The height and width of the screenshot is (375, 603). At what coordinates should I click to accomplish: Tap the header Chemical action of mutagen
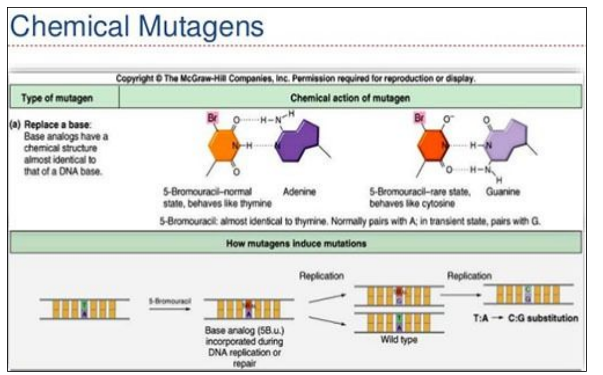pyautogui.click(x=350, y=98)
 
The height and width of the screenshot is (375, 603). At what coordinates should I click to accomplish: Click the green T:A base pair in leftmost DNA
pyautogui.click(x=84, y=309)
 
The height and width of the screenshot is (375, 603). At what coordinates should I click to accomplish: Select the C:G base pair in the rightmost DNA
pyautogui.click(x=528, y=293)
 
